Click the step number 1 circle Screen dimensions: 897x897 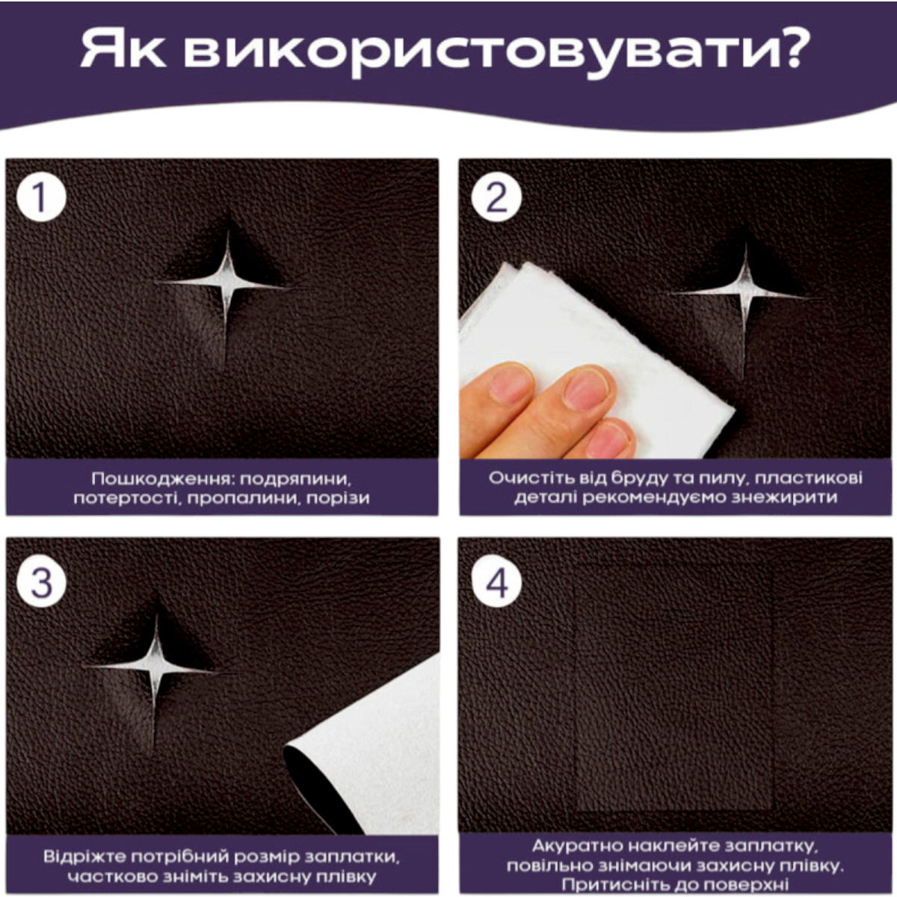coord(41,197)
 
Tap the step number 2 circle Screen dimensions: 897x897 coord(496,197)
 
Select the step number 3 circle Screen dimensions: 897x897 coord(41,582)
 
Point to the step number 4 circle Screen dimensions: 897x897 coord(496,582)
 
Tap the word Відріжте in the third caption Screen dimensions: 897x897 coord(83,857)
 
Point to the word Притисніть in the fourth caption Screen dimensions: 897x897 coord(615,884)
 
